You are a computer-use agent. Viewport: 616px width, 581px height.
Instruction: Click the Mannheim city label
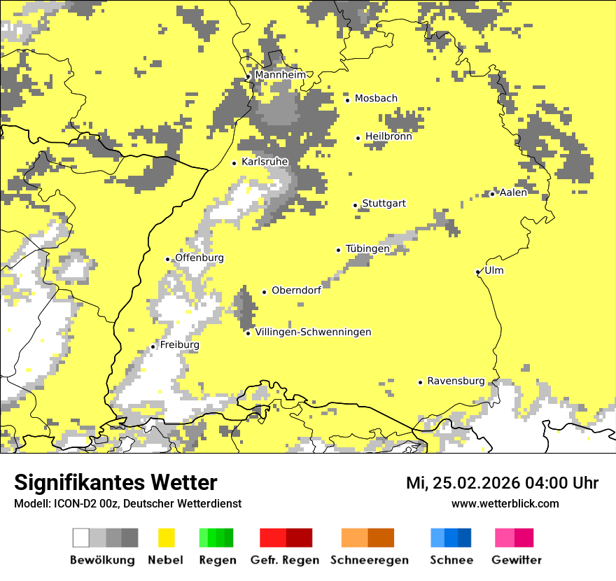[280, 75]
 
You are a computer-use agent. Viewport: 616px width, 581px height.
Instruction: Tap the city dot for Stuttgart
[356, 205]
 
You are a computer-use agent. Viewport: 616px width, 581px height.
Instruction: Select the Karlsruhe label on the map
[265, 162]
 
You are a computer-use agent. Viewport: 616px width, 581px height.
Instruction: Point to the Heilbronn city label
[388, 136]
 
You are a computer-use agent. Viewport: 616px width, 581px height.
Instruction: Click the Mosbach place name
[376, 99]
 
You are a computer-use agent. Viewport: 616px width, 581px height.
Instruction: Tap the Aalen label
[513, 192]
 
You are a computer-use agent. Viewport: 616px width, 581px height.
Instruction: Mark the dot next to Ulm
[478, 272]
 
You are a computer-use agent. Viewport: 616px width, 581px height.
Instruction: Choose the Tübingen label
[367, 248]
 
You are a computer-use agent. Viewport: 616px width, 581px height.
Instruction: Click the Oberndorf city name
[296, 290]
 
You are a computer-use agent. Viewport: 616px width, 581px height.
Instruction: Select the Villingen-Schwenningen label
[313, 332]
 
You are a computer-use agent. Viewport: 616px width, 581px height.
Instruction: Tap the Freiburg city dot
[153, 346]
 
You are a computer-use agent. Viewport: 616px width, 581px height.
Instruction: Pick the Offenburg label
[199, 258]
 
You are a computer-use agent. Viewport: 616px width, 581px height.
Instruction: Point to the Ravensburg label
[456, 381]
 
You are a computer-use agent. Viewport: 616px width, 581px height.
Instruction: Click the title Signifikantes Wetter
[115, 482]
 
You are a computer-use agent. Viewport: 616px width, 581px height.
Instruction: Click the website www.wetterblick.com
[505, 503]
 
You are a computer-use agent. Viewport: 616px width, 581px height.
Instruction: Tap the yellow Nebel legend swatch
[166, 538]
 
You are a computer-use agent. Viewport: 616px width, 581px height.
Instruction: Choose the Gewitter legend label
[516, 560]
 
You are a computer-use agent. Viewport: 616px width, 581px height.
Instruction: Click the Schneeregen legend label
[369, 560]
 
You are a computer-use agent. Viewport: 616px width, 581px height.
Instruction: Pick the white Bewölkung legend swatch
[81, 538]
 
